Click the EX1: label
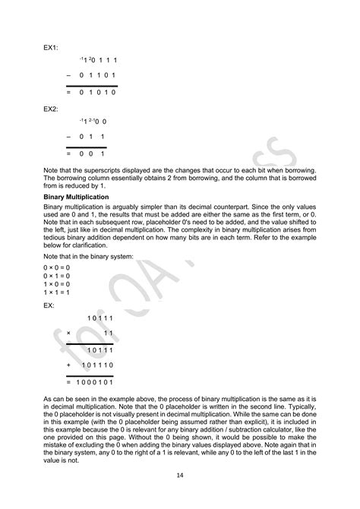[x=50, y=47]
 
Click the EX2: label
[x=50, y=109]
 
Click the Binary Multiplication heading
[x=77, y=197]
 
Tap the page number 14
[x=180, y=475]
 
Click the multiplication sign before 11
[x=68, y=333]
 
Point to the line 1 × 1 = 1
[x=56, y=292]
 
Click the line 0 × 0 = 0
[x=56, y=267]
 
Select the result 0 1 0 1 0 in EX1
[x=97, y=91]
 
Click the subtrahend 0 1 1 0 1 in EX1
[x=97, y=75]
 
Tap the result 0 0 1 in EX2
[x=92, y=153]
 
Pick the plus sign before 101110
[x=68, y=365]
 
